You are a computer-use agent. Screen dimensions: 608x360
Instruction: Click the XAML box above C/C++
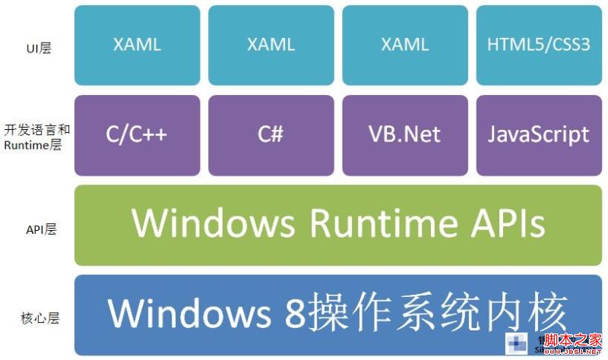coord(138,45)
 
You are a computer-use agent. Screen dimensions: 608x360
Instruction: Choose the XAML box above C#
coord(271,45)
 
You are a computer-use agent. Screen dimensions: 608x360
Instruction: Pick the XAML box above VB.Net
coord(404,45)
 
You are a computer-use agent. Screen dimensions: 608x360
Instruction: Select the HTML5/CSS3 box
coord(538,45)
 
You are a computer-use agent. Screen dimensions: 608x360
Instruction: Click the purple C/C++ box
coord(138,134)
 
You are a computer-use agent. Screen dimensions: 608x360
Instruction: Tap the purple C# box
coord(271,134)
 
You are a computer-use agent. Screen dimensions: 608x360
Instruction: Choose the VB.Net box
coord(404,134)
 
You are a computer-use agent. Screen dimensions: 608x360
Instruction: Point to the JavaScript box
coord(538,134)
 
